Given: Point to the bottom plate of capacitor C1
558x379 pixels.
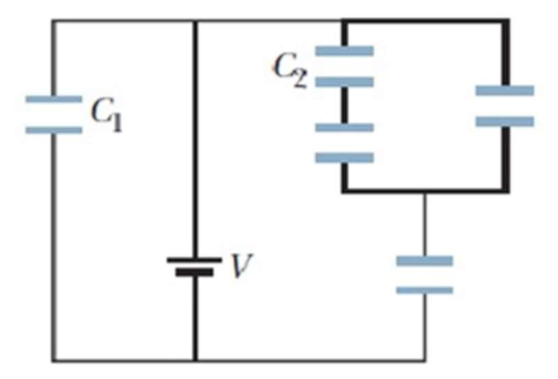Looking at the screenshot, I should [54, 129].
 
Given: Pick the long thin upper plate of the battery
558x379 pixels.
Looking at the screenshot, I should [195, 259].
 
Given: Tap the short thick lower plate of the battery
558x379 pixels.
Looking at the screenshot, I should [195, 272].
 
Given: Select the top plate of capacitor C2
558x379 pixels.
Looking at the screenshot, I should [344, 52].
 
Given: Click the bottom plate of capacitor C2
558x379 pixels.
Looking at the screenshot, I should [344, 81].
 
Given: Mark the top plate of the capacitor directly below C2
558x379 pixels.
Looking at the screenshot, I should [344, 127].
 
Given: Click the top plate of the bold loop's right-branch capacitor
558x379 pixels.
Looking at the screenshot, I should [505, 91].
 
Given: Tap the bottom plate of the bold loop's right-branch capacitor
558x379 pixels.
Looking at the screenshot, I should [505, 120].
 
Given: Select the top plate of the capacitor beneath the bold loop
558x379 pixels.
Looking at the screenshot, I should [424, 262].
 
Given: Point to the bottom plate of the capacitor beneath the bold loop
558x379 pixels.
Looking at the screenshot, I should [424, 290].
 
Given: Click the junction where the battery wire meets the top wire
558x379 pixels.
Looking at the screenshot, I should [195, 21].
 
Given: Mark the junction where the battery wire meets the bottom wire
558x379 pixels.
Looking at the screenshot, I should [195, 359].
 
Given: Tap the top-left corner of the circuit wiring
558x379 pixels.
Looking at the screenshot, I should [54, 21].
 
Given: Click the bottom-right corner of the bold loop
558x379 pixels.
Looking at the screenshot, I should [506, 190].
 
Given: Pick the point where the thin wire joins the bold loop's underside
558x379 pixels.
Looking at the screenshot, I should [424, 191].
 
